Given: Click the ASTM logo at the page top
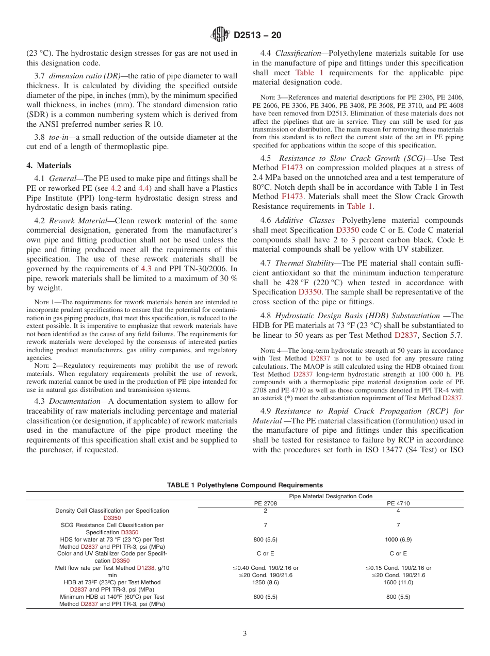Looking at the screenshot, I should (220, 35).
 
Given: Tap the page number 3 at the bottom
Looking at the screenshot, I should (245, 634).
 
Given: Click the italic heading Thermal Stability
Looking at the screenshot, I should (305, 263).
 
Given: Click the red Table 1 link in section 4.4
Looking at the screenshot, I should (309, 73).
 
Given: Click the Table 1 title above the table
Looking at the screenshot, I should (245, 485).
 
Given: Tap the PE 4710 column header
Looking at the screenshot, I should (398, 503).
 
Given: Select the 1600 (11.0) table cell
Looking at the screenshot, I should (398, 582).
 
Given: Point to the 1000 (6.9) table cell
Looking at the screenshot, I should (398, 539).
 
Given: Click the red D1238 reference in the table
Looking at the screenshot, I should (145, 568).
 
